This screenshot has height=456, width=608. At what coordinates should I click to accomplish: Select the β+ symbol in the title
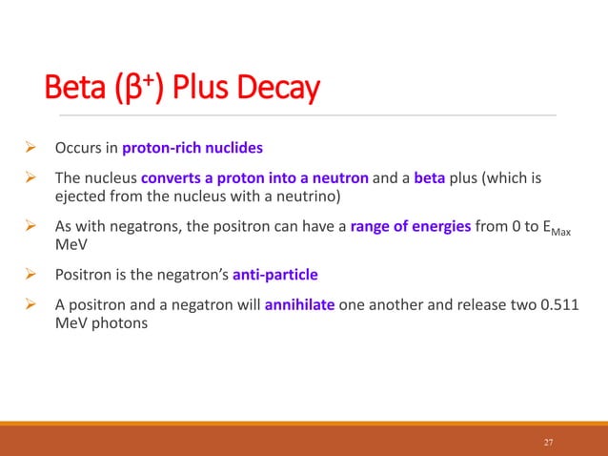[x=147, y=91]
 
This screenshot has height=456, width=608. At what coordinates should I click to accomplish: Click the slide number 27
[x=547, y=442]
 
